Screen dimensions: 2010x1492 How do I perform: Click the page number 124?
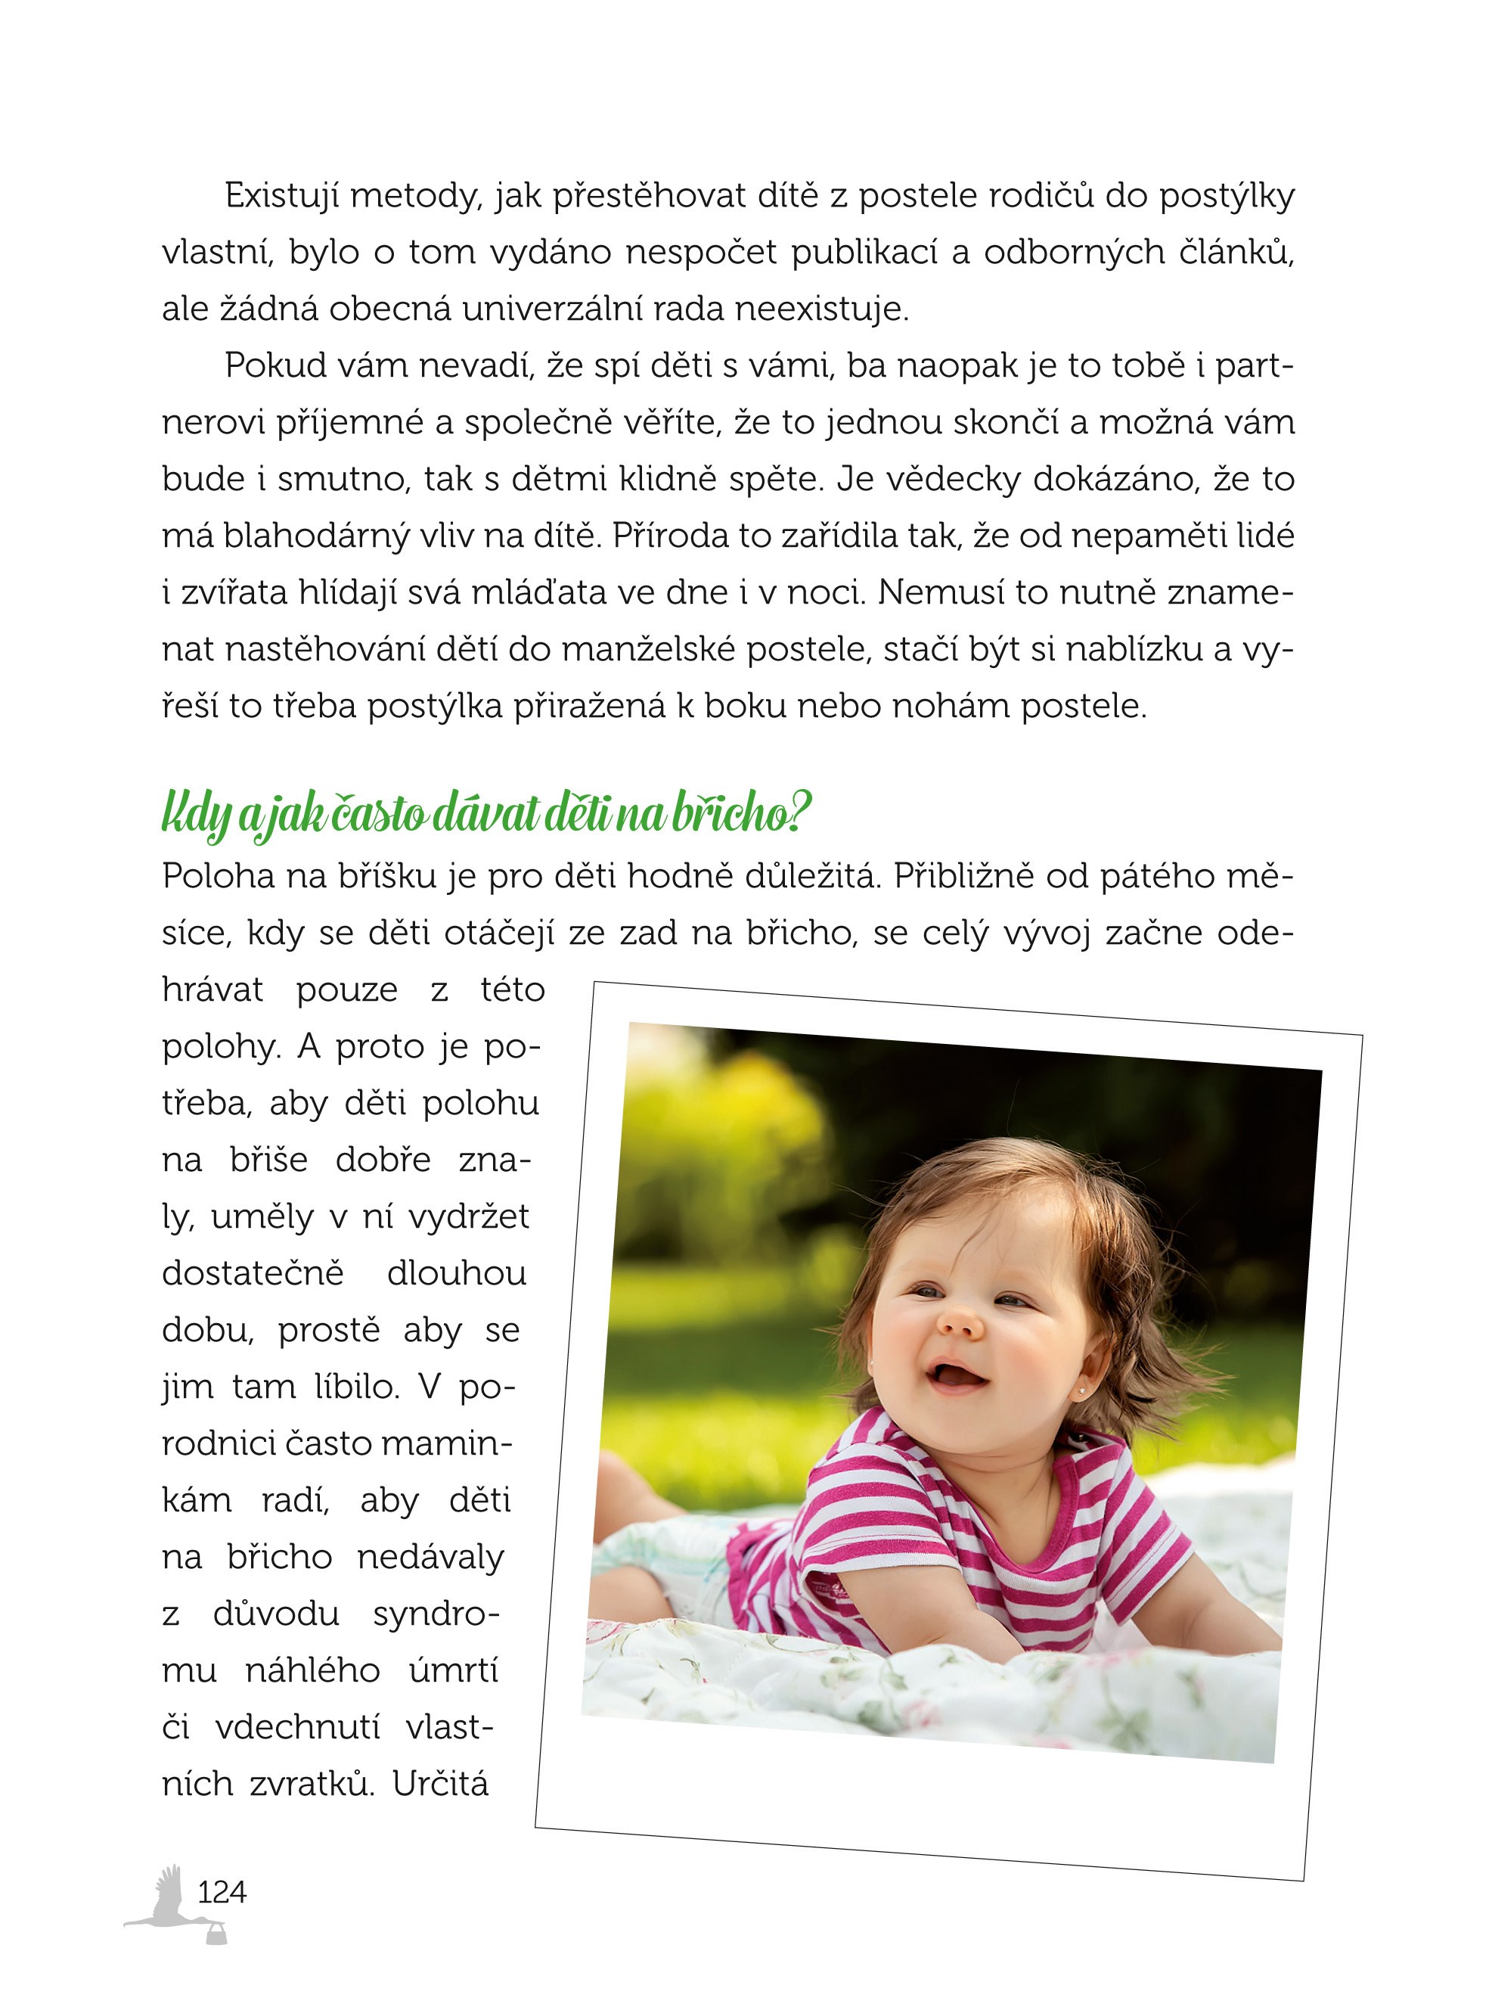coord(222,1890)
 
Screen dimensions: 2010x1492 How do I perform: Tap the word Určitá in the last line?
coord(440,1783)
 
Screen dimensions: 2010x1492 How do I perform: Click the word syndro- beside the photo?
coord(436,1614)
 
